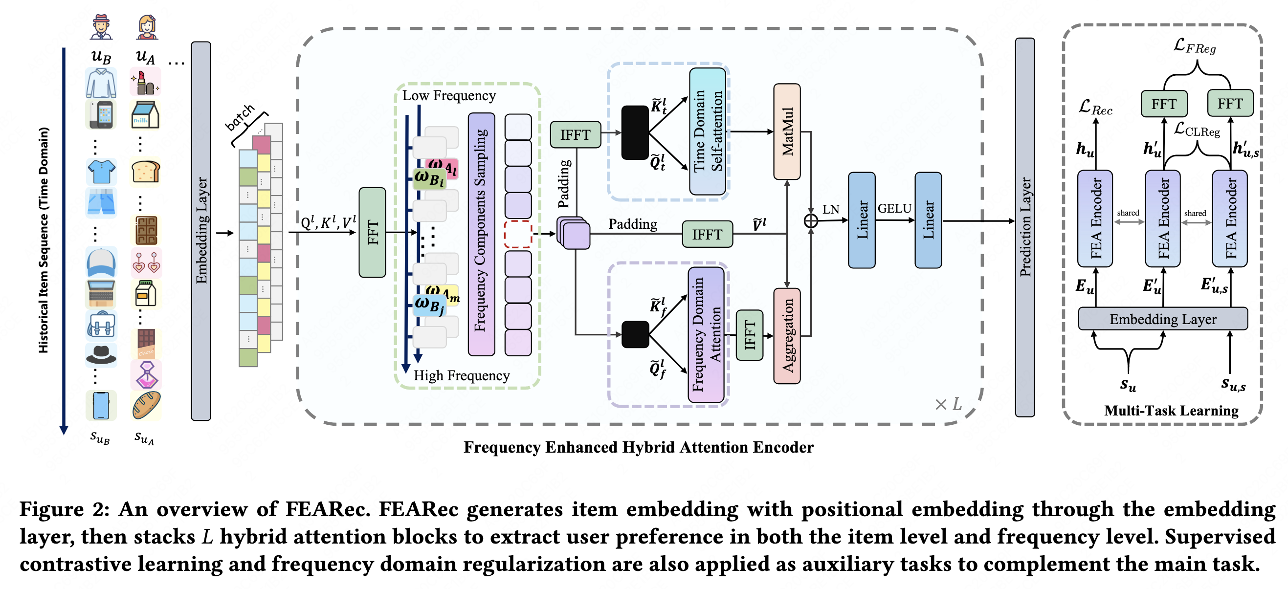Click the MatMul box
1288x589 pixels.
pyautogui.click(x=786, y=131)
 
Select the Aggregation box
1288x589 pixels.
pyautogui.click(x=786, y=335)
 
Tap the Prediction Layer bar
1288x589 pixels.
pyautogui.click(x=1024, y=227)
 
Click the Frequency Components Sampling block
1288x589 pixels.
pyautogui.click(x=481, y=234)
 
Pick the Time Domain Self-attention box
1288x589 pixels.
pyautogui.click(x=707, y=131)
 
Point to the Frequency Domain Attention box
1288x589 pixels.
pyautogui.click(x=706, y=334)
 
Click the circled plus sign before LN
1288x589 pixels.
pyautogui.click(x=810, y=220)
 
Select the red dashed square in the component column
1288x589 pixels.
pyautogui.click(x=517, y=234)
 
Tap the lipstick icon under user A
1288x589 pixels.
pyautogui.click(x=145, y=83)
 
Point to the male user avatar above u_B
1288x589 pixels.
pyautogui.click(x=101, y=27)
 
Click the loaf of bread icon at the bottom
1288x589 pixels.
pyautogui.click(x=146, y=405)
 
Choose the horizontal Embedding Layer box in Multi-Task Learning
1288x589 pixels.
pyautogui.click(x=1162, y=319)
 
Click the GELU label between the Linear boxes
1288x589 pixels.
pyautogui.click(x=894, y=209)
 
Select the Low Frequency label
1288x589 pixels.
pyautogui.click(x=448, y=95)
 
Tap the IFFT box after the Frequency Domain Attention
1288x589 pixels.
pyautogui.click(x=749, y=334)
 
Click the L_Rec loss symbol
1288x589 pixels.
pyautogui.click(x=1095, y=108)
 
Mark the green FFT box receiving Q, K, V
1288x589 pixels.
pyautogui.click(x=372, y=232)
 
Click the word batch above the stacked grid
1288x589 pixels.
pyautogui.click(x=240, y=117)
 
